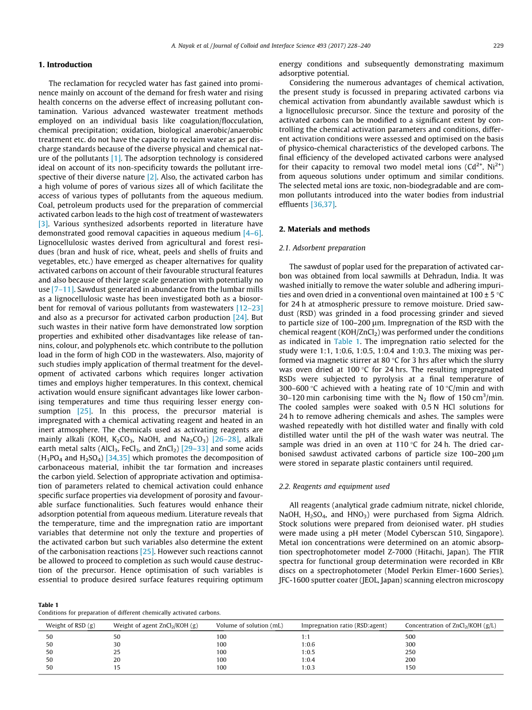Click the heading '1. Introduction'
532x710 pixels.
(x=65, y=64)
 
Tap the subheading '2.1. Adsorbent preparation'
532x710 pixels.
(x=322, y=248)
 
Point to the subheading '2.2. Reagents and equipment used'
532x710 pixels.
(x=334, y=486)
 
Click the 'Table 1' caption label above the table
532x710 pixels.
(x=48, y=605)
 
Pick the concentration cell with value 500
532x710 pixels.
(x=410, y=637)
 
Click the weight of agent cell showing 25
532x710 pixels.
(x=117, y=652)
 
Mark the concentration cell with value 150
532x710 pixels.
(x=410, y=668)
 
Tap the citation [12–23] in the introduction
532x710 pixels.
(x=249, y=308)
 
